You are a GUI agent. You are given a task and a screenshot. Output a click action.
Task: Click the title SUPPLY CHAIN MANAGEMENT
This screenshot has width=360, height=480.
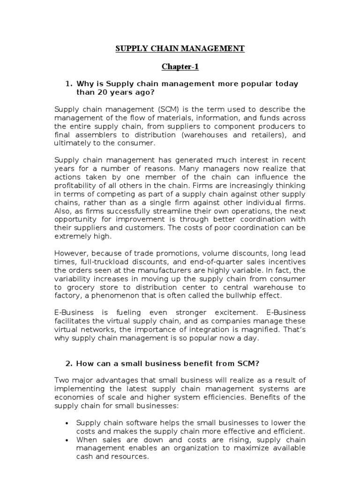[180, 48]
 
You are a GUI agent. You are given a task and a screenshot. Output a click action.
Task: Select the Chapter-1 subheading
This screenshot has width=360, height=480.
[180, 67]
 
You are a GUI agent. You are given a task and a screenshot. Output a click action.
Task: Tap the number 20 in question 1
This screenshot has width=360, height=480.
[115, 92]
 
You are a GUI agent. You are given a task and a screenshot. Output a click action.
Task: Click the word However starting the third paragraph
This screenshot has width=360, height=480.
[70, 253]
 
